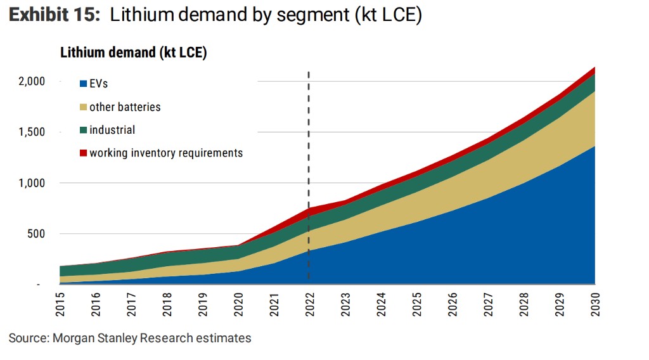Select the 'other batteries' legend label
[x=125, y=107]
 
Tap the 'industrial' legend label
[x=112, y=130]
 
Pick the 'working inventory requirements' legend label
[x=166, y=153]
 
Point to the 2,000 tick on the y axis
[x=31, y=81]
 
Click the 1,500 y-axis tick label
[x=31, y=132]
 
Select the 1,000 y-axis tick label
[x=31, y=183]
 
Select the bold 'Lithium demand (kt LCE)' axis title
[x=134, y=53]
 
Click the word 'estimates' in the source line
[x=226, y=338]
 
